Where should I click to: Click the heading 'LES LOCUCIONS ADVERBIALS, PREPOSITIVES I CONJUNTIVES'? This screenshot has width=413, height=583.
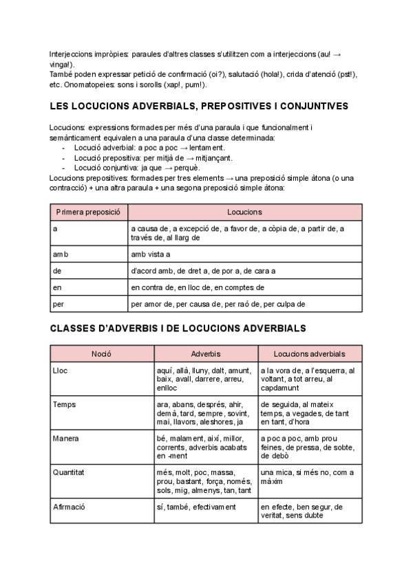coord(199,107)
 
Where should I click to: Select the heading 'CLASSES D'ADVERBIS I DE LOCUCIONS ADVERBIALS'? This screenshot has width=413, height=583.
coord(178,329)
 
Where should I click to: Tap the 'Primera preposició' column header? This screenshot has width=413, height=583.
coord(88,212)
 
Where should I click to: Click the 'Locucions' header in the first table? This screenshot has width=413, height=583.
coord(244,212)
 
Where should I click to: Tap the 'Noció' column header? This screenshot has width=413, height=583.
coord(102,354)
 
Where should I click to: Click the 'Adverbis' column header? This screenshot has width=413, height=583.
coord(205,354)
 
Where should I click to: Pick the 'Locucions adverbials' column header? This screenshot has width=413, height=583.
coord(309,354)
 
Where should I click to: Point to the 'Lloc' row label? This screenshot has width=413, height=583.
coord(61,371)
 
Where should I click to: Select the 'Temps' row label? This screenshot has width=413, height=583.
coord(64,404)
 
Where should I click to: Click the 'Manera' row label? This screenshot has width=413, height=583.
coord(65,438)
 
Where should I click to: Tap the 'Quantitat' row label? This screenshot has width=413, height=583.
coord(68,472)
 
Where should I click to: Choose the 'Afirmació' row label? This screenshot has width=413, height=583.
coord(69,507)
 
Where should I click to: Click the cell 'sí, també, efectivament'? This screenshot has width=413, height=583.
coord(195,507)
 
